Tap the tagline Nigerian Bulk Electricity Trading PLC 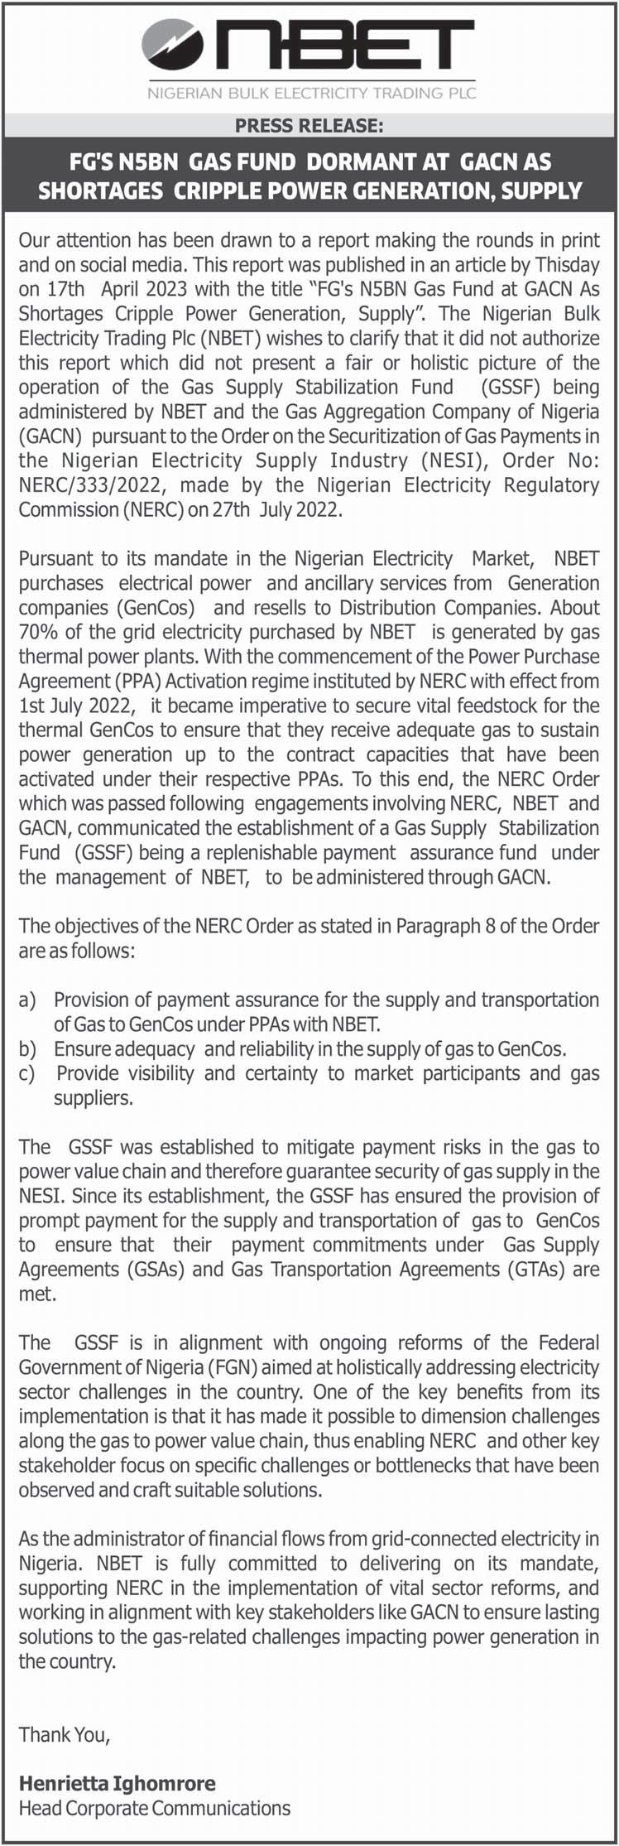(311, 93)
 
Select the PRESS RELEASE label (309, 126)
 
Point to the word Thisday (567, 265)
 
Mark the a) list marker (27, 1000)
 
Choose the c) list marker (27, 1073)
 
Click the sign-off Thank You (64, 1733)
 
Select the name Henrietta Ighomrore (117, 1783)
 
